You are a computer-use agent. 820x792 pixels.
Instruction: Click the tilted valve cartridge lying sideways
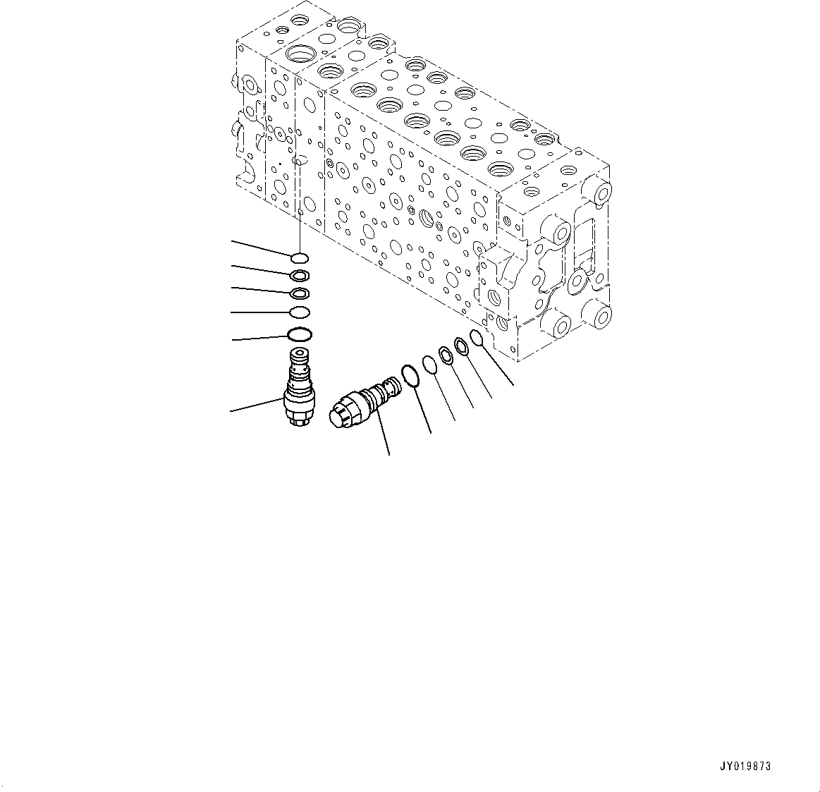click(363, 402)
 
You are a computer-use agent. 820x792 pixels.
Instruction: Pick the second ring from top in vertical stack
click(299, 275)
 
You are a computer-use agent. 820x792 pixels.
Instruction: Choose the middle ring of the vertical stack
click(299, 293)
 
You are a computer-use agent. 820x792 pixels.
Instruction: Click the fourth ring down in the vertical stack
click(299, 312)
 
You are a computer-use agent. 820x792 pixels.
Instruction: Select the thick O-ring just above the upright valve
click(299, 334)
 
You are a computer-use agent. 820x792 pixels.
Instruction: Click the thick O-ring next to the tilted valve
click(411, 375)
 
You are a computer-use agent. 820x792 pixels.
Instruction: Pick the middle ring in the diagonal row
click(446, 355)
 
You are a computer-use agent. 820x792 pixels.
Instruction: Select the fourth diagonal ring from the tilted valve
click(461, 346)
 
